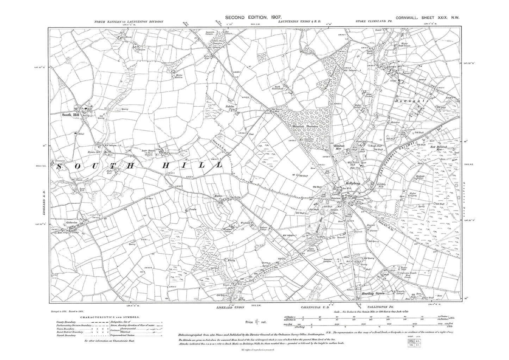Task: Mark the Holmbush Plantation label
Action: [305, 126]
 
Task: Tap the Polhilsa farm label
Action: [231, 106]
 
